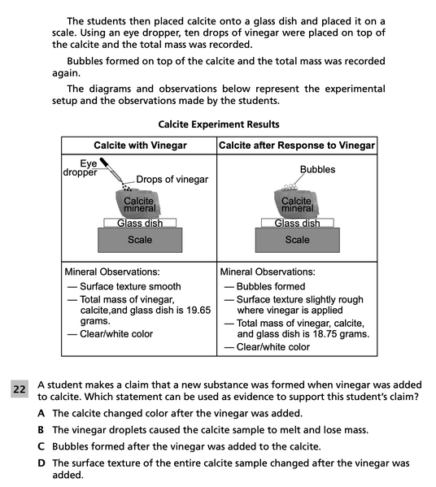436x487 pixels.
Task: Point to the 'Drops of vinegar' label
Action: click(172, 179)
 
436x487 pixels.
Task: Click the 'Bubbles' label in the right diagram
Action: click(317, 169)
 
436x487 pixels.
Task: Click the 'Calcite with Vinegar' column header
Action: click(140, 145)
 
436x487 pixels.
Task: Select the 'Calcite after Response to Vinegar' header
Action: click(298, 145)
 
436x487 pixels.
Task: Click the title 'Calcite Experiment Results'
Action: click(219, 124)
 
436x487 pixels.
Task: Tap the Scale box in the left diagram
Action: click(140, 240)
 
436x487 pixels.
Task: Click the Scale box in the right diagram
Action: click(297, 240)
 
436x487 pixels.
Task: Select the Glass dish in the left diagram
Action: click(140, 223)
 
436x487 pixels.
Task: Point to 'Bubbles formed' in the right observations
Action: click(270, 286)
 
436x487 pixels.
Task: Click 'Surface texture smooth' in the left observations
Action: click(130, 286)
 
